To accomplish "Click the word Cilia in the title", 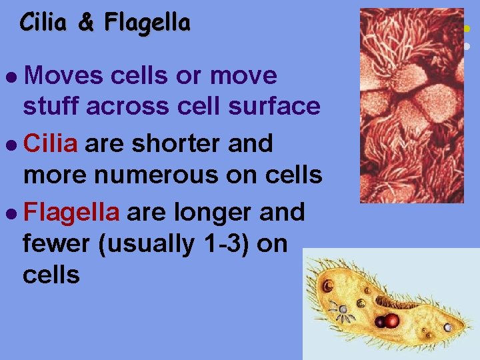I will point(43,23).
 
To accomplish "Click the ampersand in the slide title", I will point(85,23).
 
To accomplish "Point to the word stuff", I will point(51,107).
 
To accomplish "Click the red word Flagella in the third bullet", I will point(71,212).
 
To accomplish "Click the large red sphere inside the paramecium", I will point(392,321).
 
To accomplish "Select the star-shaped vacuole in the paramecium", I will point(343,310).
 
